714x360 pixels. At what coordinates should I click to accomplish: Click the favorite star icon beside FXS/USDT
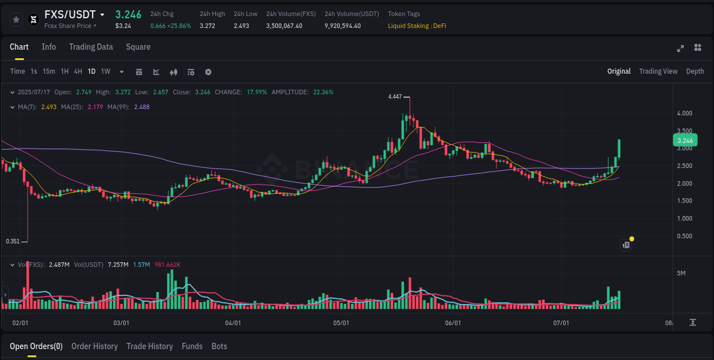(x=16, y=19)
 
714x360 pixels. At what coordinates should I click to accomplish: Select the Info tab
(x=49, y=47)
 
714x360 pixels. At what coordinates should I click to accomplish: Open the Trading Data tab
(x=91, y=47)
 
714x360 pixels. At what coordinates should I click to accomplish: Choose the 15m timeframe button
(x=49, y=71)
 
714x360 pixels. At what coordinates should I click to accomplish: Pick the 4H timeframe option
(x=78, y=71)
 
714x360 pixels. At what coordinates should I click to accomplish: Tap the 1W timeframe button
(x=106, y=71)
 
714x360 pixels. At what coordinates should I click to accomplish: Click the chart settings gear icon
(x=208, y=72)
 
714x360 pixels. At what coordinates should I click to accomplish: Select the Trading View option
(x=658, y=71)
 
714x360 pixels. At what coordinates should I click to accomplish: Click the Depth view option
(x=695, y=71)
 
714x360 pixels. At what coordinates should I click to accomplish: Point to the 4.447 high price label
(x=395, y=97)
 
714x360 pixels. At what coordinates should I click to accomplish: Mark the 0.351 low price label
(x=13, y=241)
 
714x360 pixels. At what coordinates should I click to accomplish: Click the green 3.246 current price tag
(x=685, y=141)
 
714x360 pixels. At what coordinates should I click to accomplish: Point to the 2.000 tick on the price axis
(x=684, y=183)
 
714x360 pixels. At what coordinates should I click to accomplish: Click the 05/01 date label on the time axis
(x=341, y=323)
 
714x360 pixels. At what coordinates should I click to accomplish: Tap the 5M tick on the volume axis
(x=681, y=273)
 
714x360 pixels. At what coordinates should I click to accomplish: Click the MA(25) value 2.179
(x=95, y=107)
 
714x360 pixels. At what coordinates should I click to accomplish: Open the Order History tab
(x=94, y=346)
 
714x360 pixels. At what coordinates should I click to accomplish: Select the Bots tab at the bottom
(x=219, y=346)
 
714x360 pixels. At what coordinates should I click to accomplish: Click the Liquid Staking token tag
(x=408, y=26)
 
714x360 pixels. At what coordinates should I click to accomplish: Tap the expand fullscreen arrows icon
(x=680, y=48)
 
